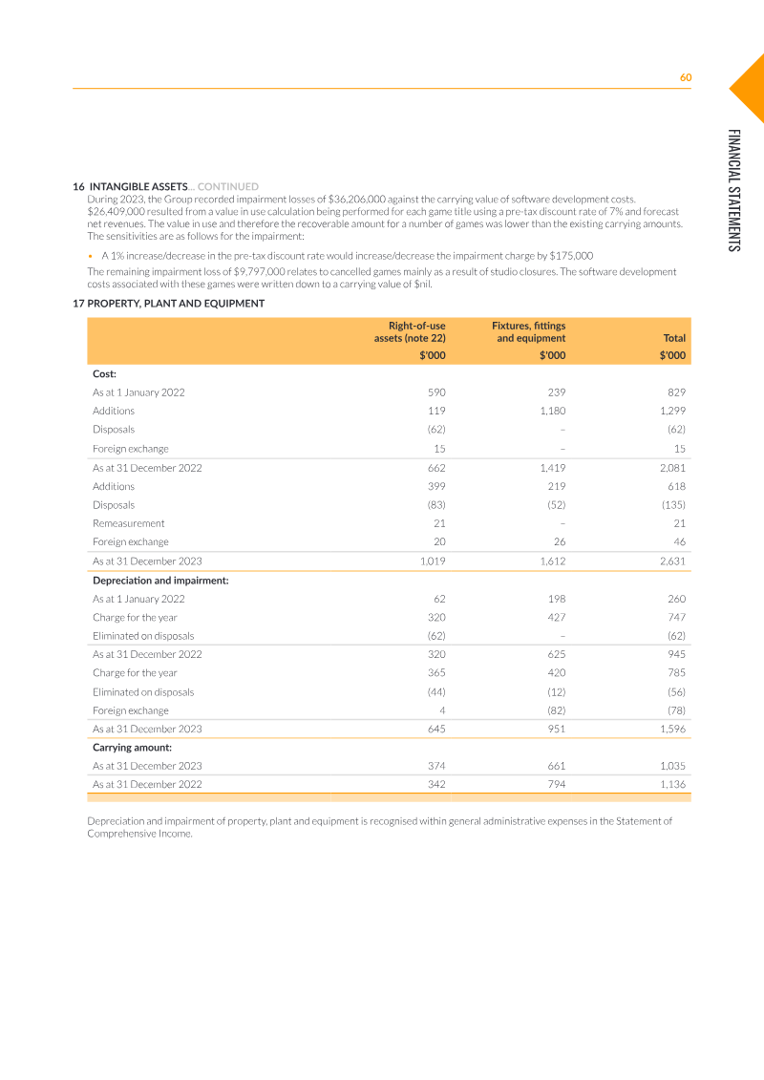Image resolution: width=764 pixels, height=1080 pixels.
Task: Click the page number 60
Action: click(685, 78)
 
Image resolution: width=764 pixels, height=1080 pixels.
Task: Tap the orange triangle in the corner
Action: click(751, 87)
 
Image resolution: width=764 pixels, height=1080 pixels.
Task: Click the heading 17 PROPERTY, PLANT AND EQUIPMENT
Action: click(169, 303)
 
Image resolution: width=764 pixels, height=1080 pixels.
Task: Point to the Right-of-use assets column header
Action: click(410, 331)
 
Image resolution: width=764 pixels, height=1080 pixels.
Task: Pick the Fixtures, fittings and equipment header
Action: click(528, 331)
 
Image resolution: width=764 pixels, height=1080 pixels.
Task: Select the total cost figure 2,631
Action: click(672, 561)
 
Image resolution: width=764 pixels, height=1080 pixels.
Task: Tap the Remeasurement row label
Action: click(128, 523)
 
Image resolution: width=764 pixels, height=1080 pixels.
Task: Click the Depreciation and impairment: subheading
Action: click(160, 580)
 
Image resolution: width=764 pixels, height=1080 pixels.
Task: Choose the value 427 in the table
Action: click(557, 617)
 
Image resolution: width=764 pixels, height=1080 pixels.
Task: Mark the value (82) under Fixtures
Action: click(555, 710)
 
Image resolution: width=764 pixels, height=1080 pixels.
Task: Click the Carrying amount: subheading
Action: click(132, 748)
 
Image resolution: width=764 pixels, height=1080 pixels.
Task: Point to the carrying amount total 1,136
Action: click(672, 785)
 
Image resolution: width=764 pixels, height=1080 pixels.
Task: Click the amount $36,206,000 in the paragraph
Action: click(355, 199)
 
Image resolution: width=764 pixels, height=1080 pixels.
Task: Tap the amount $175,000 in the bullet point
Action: click(571, 256)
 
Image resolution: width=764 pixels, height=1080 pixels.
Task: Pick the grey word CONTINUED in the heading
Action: click(228, 186)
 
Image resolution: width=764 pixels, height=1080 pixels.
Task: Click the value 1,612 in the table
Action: click(552, 561)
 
